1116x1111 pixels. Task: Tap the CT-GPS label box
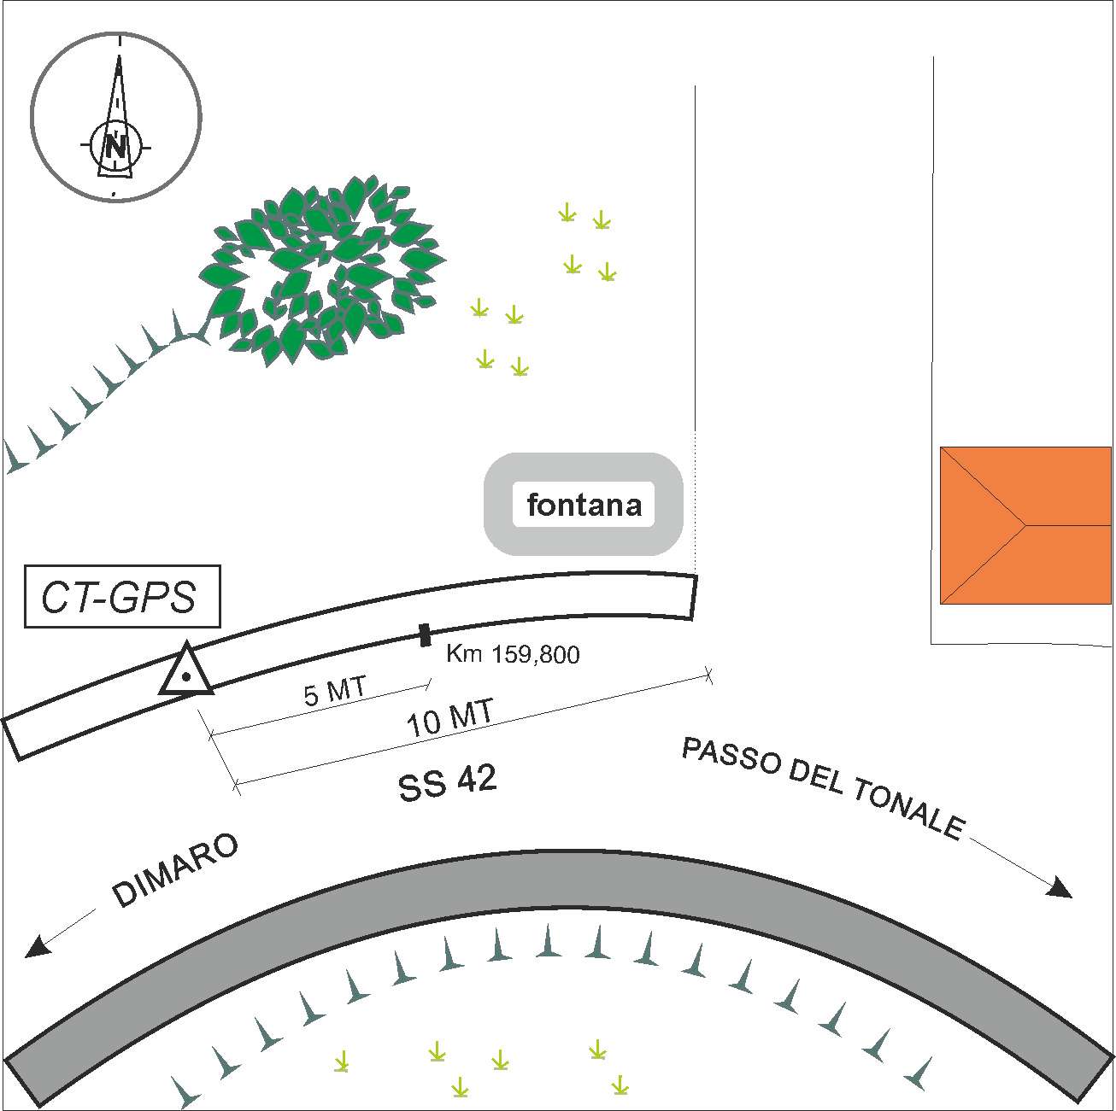click(x=121, y=597)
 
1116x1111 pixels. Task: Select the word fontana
click(x=584, y=505)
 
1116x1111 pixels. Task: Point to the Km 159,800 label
click(x=513, y=655)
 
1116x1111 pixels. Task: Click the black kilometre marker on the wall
click(x=425, y=634)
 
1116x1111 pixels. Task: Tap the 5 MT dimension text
click(x=335, y=691)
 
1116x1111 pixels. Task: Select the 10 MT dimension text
click(x=449, y=720)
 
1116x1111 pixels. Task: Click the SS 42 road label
click(x=448, y=782)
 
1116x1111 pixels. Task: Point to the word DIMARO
click(x=175, y=870)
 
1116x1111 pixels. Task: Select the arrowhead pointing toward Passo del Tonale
click(x=1060, y=888)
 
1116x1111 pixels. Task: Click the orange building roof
click(x=1025, y=524)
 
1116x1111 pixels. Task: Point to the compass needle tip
click(x=120, y=58)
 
